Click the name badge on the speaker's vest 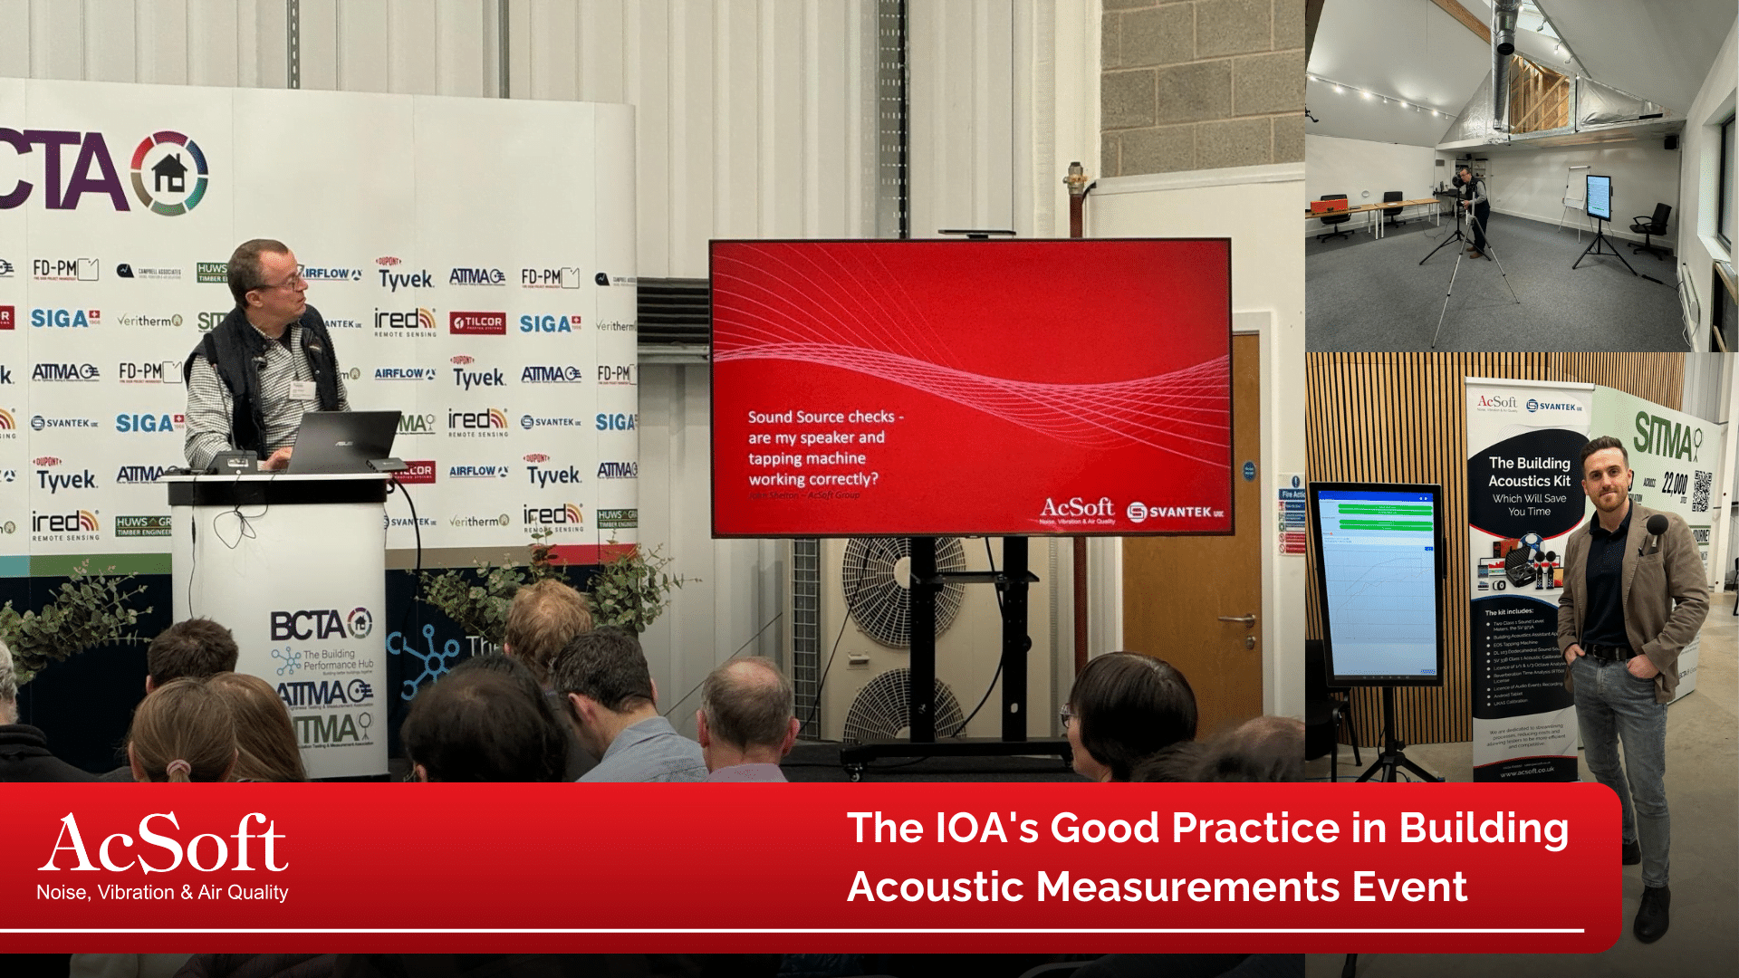tap(302, 390)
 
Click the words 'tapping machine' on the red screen tap(806, 458)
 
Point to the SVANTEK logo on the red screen tap(1175, 513)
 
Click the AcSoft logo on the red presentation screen tap(1077, 509)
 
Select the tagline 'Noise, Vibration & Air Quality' tap(162, 893)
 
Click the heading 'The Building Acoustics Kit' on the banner tap(1529, 472)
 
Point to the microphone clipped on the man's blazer tap(1657, 527)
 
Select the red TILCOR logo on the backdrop tap(477, 322)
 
